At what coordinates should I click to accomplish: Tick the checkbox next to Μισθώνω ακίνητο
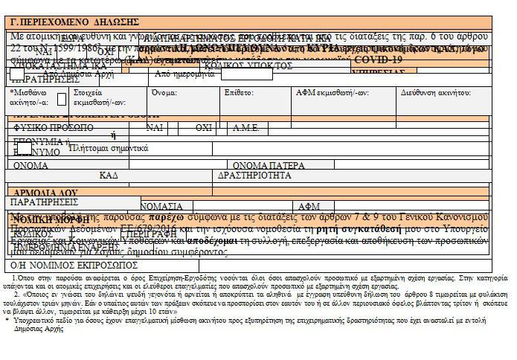point(62,98)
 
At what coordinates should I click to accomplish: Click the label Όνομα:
point(164,94)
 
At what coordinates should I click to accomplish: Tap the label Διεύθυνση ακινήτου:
point(435,94)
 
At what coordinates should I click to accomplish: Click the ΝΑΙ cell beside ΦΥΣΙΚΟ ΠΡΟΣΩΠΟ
point(155,128)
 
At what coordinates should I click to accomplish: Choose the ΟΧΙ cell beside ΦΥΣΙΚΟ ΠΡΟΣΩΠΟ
point(204,128)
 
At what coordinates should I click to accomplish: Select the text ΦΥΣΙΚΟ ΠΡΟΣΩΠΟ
point(51,128)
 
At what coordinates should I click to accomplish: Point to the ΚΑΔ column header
point(109,176)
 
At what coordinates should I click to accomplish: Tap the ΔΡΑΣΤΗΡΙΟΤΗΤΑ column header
point(254,176)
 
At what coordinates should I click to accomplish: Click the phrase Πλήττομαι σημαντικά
point(108,148)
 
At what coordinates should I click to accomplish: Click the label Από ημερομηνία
point(186,74)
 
